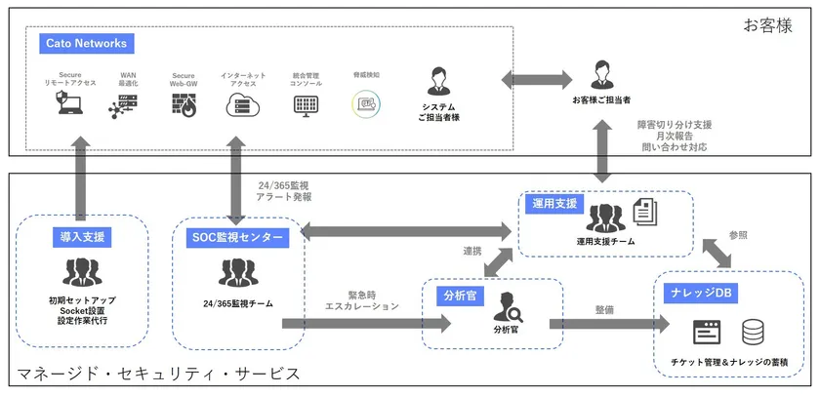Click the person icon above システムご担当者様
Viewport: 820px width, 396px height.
tap(438, 81)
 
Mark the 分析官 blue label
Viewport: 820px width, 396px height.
tap(458, 295)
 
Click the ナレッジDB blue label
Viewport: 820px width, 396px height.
tap(701, 293)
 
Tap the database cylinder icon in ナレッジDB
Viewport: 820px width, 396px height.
tap(754, 332)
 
